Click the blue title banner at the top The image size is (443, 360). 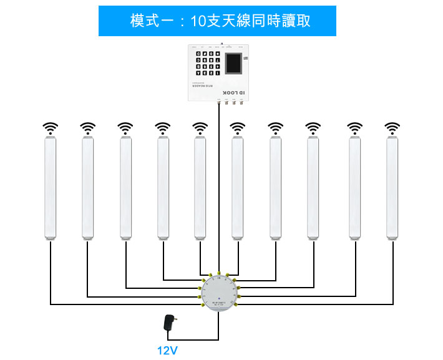tap(217, 21)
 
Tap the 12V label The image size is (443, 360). tap(167, 351)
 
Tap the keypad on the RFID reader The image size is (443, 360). tap(207, 64)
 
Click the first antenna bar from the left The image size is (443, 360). tap(50, 187)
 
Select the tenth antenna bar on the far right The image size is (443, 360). tap(392, 187)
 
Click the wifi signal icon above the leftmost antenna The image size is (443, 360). tap(50, 128)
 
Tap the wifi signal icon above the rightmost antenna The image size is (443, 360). tap(392, 128)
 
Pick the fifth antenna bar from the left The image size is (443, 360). tap(200, 187)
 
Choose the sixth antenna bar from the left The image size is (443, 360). tap(237, 187)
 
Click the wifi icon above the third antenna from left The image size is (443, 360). tap(125, 128)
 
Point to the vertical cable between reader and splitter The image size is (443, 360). tap(218, 187)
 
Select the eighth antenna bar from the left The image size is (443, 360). tap(313, 187)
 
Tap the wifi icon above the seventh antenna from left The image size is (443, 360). tap(275, 128)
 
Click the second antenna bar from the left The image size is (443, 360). tap(87, 187)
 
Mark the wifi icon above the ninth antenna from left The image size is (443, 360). tap(354, 128)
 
